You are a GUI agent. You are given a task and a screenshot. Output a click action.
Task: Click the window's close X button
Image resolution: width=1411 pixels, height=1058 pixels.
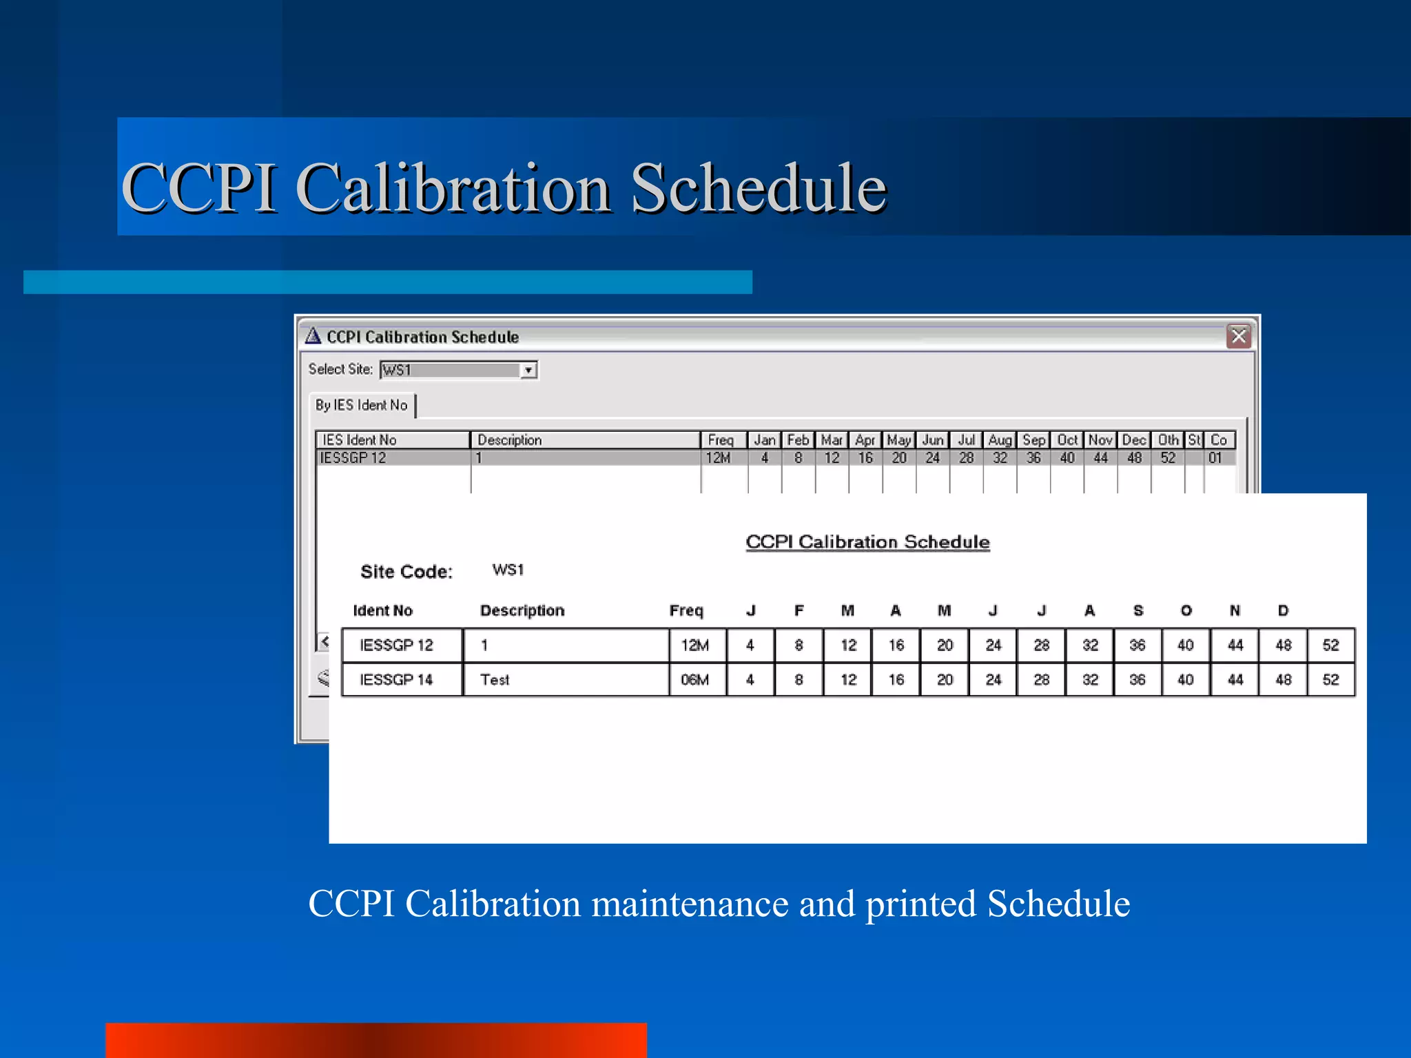tap(1238, 336)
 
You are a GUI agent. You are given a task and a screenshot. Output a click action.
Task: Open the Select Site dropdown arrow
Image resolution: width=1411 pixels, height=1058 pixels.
tap(528, 370)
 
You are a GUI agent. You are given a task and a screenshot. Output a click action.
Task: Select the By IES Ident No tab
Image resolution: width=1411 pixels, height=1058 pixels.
tap(362, 405)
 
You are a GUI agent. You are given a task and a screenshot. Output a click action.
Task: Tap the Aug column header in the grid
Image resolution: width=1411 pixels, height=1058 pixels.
tap(1000, 439)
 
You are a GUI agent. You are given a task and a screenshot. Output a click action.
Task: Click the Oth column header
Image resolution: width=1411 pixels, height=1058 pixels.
tap(1168, 439)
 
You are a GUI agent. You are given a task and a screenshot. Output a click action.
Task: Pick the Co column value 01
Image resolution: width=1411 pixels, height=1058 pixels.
tap(1215, 457)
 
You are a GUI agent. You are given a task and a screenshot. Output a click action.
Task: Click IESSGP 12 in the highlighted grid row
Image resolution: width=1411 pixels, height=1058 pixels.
tap(353, 457)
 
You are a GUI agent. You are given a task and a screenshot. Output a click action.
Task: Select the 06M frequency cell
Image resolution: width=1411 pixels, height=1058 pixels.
tap(694, 680)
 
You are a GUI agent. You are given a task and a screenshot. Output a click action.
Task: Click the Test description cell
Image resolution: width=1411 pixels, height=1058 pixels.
tap(495, 680)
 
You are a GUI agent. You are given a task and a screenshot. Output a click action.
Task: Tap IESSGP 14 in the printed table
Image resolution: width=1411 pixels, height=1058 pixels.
tap(396, 680)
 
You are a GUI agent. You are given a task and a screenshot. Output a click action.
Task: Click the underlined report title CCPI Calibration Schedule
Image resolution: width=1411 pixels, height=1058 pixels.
tap(867, 542)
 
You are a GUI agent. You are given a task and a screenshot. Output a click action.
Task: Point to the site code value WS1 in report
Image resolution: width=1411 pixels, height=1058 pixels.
tap(508, 570)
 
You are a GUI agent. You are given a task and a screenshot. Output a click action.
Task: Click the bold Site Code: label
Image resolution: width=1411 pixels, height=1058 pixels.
tap(406, 572)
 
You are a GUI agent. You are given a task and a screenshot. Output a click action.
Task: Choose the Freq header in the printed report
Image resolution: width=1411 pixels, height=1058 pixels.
tap(686, 610)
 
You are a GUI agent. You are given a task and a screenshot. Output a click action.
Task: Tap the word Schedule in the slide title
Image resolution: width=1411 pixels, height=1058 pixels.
tap(758, 187)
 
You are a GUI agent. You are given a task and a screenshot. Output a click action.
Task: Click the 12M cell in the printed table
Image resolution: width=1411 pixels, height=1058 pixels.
tap(694, 645)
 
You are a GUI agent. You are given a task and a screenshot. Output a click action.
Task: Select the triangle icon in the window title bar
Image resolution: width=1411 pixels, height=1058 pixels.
tap(313, 335)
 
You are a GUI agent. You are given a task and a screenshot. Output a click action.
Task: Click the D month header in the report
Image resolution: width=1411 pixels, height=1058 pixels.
tap(1283, 610)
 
